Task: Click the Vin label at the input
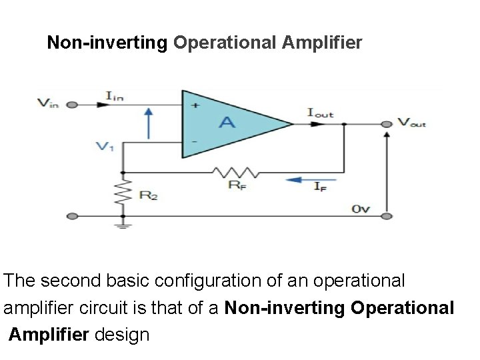click(x=49, y=103)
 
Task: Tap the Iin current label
click(x=115, y=97)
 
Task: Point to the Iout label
click(x=320, y=113)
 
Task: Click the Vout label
click(x=411, y=122)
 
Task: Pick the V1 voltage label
click(x=105, y=147)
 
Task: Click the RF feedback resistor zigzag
click(x=229, y=172)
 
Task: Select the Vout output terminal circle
click(x=386, y=124)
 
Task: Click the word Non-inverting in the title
click(x=107, y=43)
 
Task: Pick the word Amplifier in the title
click(x=322, y=43)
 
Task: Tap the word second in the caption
click(x=72, y=281)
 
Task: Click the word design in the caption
click(x=122, y=334)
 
